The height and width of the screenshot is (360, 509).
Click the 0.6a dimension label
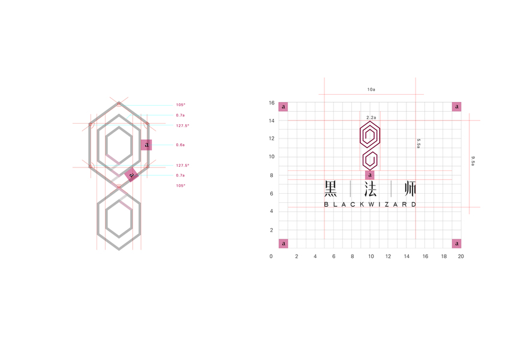180,145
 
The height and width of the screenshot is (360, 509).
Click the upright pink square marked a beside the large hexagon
146,145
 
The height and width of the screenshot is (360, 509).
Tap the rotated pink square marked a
131,175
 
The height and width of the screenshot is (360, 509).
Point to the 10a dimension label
371,89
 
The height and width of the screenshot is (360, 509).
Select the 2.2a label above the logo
371,118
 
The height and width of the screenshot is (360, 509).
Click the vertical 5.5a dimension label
418,143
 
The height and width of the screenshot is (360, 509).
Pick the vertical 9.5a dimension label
473,161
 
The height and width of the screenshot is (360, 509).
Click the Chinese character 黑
331,189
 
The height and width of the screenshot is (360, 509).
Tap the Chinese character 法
371,189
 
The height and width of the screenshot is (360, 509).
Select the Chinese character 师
410,189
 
